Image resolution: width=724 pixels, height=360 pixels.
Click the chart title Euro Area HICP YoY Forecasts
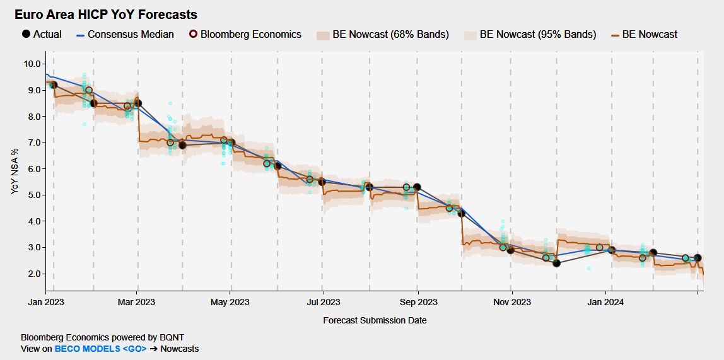click(x=106, y=15)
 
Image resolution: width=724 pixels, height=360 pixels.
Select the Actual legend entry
click(x=41, y=34)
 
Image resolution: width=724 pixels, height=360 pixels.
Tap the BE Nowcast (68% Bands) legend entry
click(x=383, y=34)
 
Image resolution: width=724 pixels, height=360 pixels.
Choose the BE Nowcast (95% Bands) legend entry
click(x=529, y=34)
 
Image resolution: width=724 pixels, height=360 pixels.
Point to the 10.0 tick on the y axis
click(x=33, y=64)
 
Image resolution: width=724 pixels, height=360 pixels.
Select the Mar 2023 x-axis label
click(x=137, y=302)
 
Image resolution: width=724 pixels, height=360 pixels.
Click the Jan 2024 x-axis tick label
click(x=606, y=302)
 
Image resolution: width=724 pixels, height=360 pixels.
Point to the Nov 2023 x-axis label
click(x=511, y=302)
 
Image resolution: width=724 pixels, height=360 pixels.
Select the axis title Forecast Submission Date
click(x=375, y=320)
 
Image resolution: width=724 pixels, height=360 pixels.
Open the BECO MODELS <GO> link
click(x=100, y=349)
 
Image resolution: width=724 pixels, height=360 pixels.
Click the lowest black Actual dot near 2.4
click(x=556, y=263)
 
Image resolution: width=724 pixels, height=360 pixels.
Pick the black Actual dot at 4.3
click(x=461, y=213)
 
